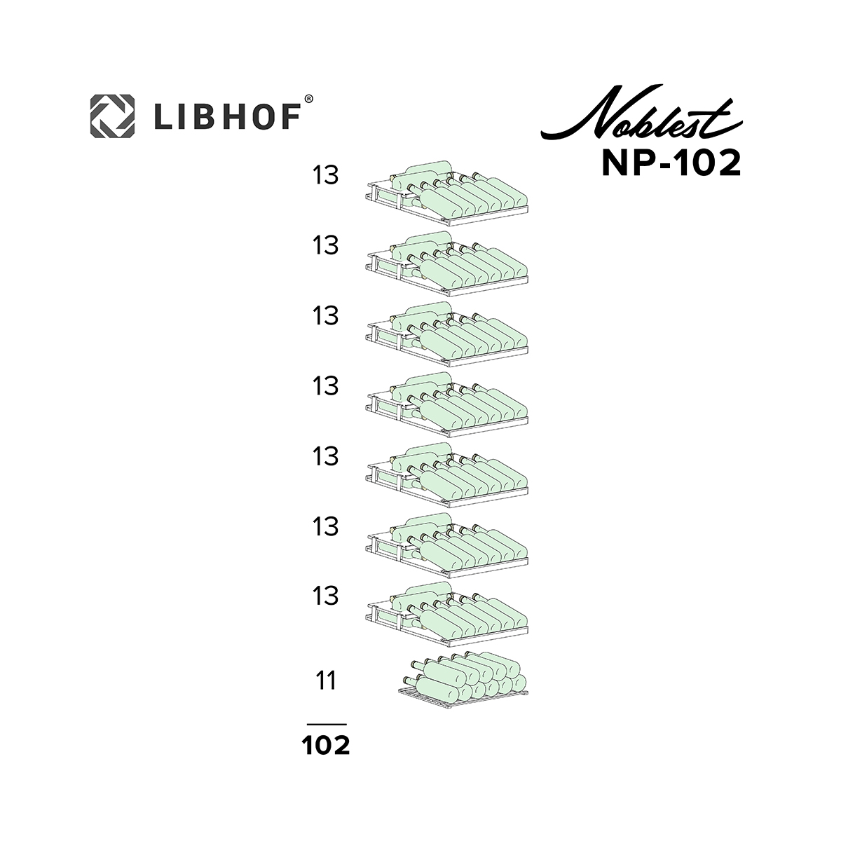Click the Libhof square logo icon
click(x=112, y=116)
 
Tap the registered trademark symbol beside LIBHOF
click(x=308, y=99)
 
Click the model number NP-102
click(x=671, y=163)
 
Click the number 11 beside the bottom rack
click(x=326, y=681)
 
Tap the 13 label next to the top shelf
click(x=326, y=175)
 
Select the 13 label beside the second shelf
click(x=326, y=245)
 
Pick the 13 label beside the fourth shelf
click(x=326, y=386)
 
